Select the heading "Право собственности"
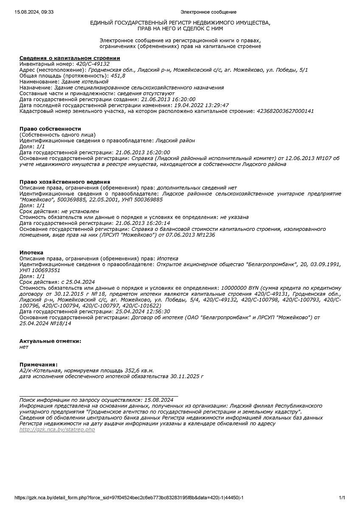click(x=50, y=129)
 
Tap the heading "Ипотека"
click(x=31, y=252)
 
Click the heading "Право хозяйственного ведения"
click(x=65, y=182)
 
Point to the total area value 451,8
click(x=118, y=76)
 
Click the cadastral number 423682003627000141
click(x=285, y=111)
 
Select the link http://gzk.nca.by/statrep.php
click(x=57, y=430)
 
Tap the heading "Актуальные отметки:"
click(x=50, y=341)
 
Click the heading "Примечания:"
click(x=39, y=364)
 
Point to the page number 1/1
click(x=342, y=498)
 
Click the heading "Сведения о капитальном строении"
click(x=70, y=58)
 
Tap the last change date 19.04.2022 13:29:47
click(x=202, y=105)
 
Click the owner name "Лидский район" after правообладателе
click(x=175, y=140)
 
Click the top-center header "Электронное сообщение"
click(x=208, y=12)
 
